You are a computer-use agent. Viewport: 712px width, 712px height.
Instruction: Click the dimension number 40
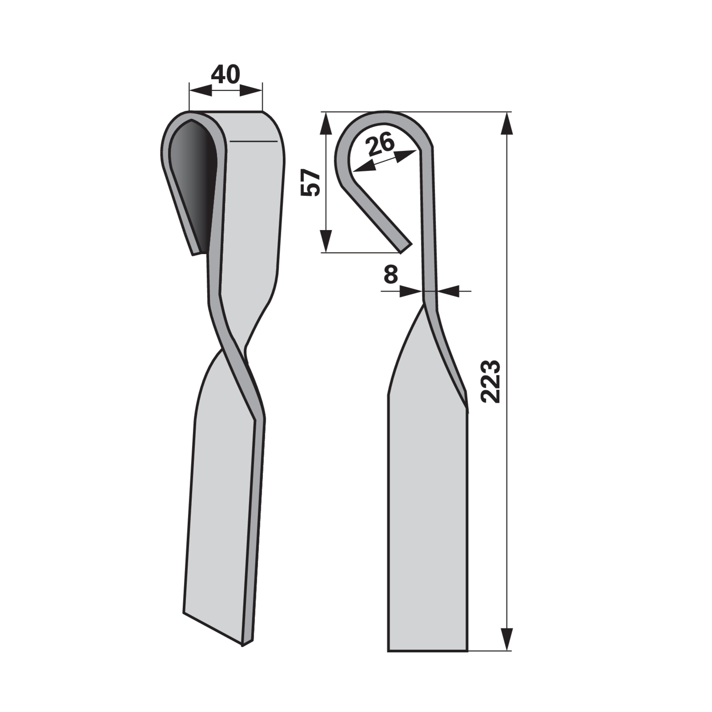225,74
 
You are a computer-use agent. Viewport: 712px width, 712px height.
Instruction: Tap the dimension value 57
311,182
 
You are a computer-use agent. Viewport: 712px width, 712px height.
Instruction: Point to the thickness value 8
390,275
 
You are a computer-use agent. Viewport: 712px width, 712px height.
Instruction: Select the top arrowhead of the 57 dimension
326,123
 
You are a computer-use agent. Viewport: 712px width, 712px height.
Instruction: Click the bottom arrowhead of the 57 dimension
326,241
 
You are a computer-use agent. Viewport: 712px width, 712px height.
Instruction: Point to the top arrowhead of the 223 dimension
507,123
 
